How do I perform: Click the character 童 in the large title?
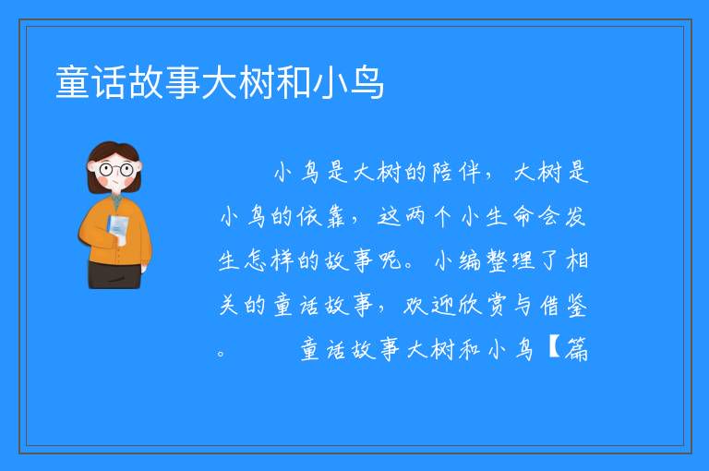(73, 82)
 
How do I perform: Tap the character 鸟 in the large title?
(367, 82)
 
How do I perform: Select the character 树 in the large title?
(257, 82)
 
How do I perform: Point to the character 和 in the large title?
(294, 82)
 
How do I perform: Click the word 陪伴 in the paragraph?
(456, 172)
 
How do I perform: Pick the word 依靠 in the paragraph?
(321, 216)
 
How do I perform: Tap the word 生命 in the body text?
(510, 216)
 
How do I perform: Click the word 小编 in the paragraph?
(458, 260)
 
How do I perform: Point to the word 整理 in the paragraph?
(510, 260)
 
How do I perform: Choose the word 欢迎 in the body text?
(427, 305)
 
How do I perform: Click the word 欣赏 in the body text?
(482, 305)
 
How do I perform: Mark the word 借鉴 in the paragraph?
(563, 305)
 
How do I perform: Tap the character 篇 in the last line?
(576, 349)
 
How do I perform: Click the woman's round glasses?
(116, 170)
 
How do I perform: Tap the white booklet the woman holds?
(117, 229)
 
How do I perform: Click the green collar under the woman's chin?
(116, 199)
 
